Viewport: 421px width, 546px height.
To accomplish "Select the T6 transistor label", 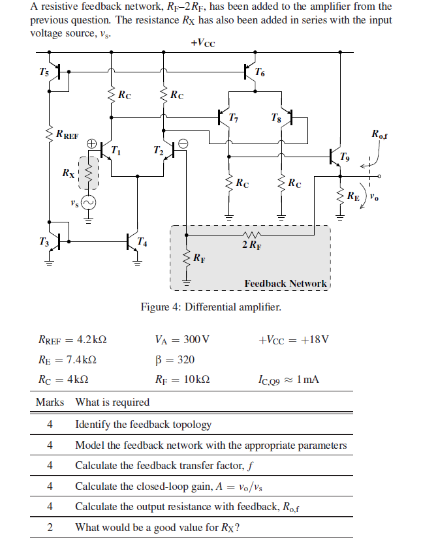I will coord(260,71).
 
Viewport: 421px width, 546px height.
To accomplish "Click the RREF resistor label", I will coord(67,135).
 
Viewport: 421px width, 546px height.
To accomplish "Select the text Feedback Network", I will coord(285,283).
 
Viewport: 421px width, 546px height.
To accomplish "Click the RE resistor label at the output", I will coord(352,194).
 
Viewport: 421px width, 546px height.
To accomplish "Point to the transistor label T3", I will coord(43,243).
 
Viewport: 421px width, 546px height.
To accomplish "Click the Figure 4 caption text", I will coord(211,307).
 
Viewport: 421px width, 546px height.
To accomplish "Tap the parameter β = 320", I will coord(174,359).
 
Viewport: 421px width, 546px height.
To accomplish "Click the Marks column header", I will coord(50,402).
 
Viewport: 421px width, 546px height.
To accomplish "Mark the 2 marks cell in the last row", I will coord(50,527).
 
